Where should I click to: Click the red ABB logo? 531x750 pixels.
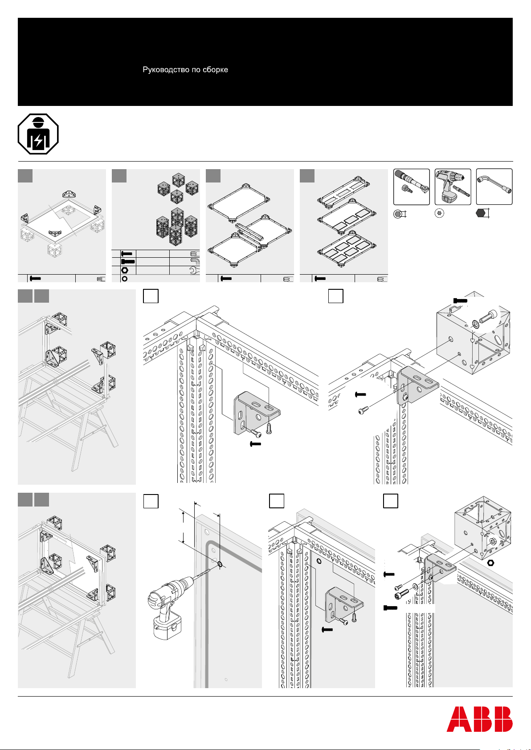click(480, 719)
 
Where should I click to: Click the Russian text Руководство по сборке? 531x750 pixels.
click(185, 70)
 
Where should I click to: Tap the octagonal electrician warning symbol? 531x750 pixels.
click(38, 134)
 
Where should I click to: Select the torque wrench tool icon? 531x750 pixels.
click(412, 187)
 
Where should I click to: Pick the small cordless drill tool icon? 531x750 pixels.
click(452, 187)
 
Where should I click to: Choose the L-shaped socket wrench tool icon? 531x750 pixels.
click(494, 187)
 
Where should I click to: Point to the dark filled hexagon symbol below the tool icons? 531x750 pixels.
click(480, 214)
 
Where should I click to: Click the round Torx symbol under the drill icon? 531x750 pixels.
click(439, 214)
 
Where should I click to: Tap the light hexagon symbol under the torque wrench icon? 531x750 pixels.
click(398, 214)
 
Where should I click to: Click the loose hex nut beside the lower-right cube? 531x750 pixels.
click(491, 563)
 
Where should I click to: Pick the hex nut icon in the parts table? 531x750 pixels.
click(126, 270)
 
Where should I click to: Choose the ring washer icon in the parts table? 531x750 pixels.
click(125, 279)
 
